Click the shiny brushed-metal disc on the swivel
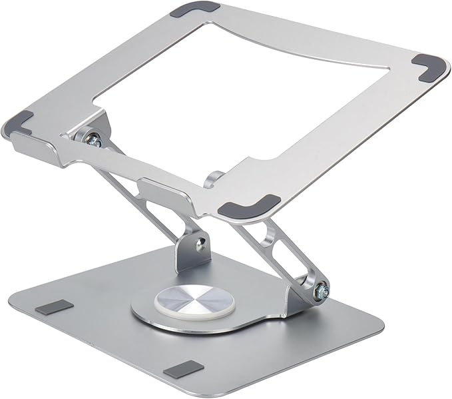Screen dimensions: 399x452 [184, 301]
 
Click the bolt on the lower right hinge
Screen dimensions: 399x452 [321, 288]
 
